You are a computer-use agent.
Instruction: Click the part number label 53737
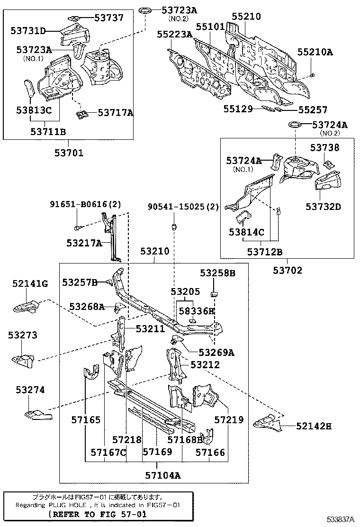tap(109, 18)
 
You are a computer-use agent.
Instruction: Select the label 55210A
tap(315, 52)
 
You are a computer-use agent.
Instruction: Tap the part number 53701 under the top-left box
tap(69, 153)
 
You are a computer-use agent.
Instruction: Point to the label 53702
tap(288, 270)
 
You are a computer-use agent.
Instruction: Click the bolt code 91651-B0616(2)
tap(85, 205)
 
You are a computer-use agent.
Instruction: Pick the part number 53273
tap(22, 335)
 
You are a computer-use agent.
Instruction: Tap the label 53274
tap(30, 390)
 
